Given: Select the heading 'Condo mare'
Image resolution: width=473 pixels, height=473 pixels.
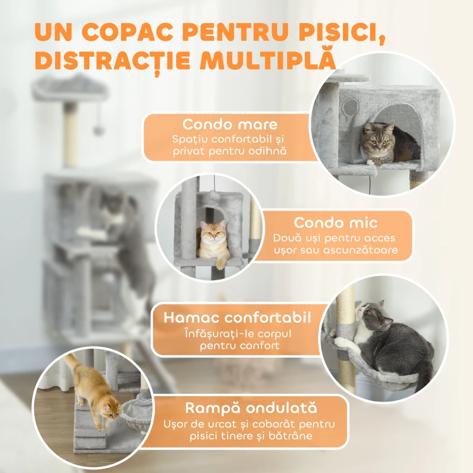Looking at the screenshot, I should coord(230,125).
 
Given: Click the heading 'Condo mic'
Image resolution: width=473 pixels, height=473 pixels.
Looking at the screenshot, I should coord(336,223).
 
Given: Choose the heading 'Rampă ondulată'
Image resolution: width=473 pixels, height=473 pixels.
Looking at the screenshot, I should coord(250,408).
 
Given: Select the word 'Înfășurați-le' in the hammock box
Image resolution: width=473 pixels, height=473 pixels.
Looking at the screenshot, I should coord(215,333).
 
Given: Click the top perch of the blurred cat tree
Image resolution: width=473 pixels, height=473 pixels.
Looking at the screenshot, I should coord(70,89).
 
